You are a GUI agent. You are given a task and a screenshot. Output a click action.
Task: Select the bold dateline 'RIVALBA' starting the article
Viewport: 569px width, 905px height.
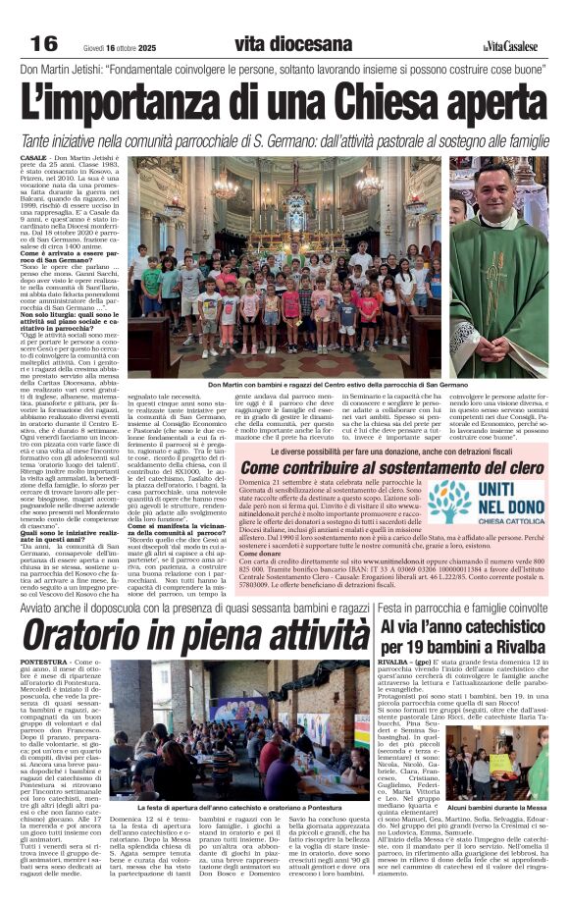tap(392, 665)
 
